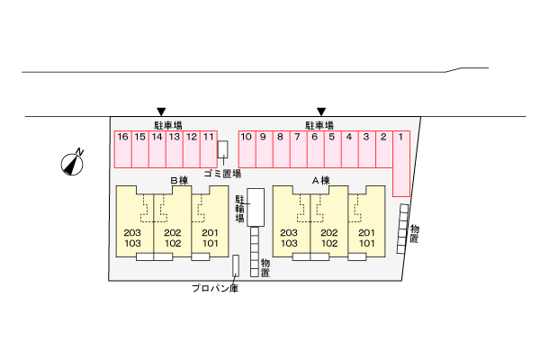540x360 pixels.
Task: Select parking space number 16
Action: coord(122,148)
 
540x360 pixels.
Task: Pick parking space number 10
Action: coord(246,148)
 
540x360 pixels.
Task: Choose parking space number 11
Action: coord(209,148)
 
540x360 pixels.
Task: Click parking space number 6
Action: coord(315,148)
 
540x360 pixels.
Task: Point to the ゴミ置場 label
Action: coord(221,173)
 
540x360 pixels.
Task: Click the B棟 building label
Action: coord(178,181)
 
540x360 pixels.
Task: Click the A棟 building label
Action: coord(320,181)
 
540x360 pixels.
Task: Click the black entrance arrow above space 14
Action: coord(161,112)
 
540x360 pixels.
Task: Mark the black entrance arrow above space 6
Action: coord(320,112)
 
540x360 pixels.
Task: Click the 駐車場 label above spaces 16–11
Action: coord(168,125)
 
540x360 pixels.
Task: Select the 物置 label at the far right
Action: coord(414,233)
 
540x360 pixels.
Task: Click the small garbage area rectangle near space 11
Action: coord(222,148)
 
